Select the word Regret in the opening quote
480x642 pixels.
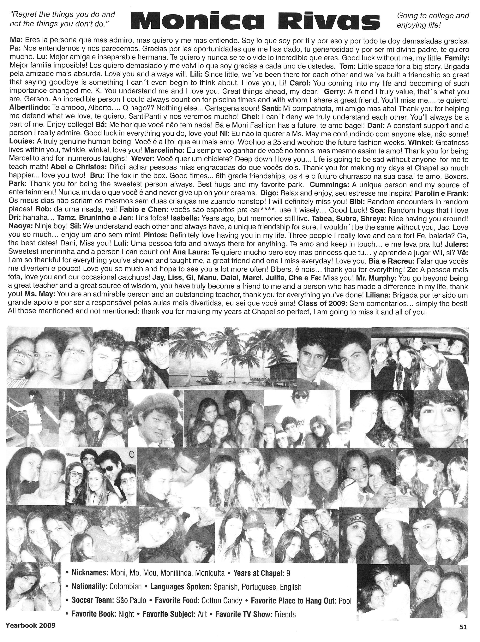(x=25, y=15)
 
